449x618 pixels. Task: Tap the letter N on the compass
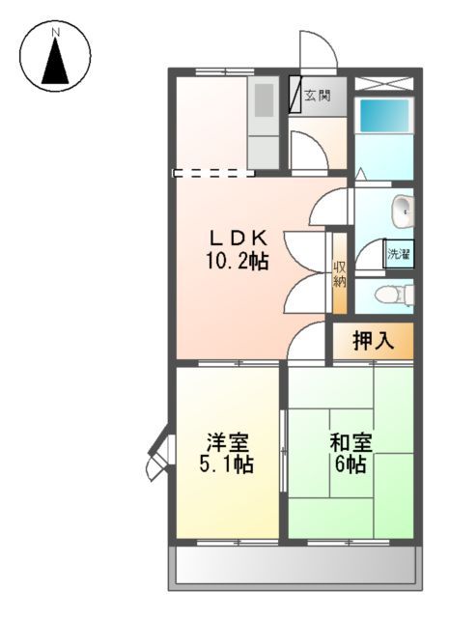[x=56, y=32]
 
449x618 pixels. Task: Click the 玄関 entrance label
[x=318, y=95]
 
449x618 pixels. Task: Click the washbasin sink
[x=403, y=209]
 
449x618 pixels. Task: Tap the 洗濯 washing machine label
[x=399, y=255]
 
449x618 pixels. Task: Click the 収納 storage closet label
[x=340, y=274]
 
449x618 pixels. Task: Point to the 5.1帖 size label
[x=228, y=465]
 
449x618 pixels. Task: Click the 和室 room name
[x=351, y=443]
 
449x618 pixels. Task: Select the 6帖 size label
[x=351, y=465]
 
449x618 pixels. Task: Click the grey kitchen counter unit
[x=263, y=120]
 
